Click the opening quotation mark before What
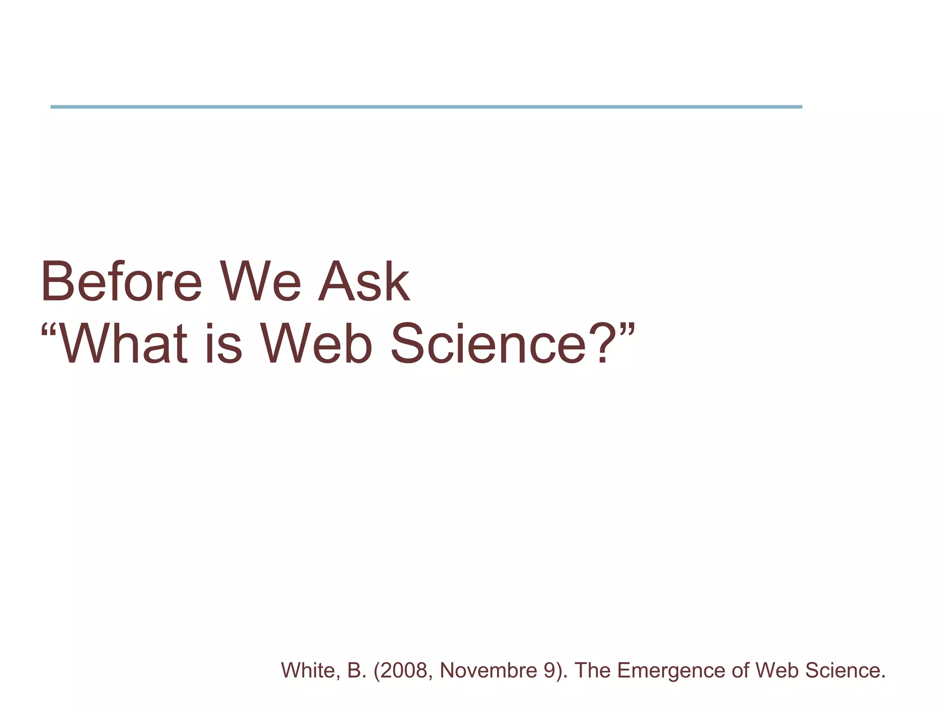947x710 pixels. (49, 331)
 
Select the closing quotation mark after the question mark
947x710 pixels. (627, 331)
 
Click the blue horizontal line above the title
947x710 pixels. (425, 107)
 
